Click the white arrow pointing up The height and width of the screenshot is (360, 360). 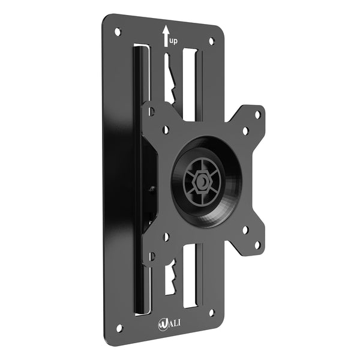166,35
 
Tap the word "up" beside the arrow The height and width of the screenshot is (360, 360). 173,41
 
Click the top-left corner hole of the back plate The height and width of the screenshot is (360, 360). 118,31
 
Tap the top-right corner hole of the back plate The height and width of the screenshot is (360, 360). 211,41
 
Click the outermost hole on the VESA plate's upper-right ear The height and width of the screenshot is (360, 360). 258,113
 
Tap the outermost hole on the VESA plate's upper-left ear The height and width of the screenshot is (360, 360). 151,111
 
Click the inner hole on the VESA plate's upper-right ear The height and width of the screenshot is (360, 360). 245,130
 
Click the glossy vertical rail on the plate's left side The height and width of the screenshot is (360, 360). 138,180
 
